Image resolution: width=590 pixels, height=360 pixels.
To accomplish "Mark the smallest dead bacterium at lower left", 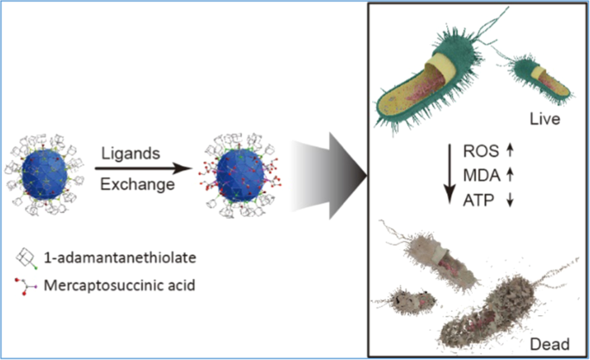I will (x=408, y=301).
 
